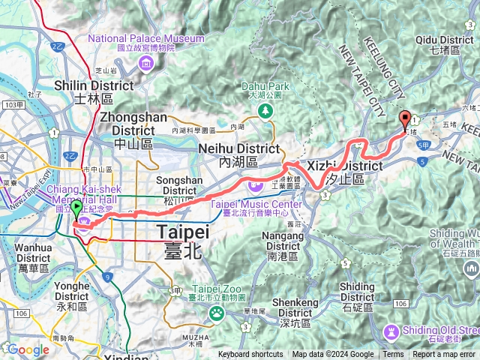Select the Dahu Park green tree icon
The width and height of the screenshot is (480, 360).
pos(265,111)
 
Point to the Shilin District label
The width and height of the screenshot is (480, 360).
pos(94,91)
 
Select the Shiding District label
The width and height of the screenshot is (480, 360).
pos(357,292)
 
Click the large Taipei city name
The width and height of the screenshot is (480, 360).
pos(181,241)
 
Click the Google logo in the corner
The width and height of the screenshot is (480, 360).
pos(28,349)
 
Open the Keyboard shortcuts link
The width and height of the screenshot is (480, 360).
pos(250,355)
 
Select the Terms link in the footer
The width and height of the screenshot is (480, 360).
pos(393,355)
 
